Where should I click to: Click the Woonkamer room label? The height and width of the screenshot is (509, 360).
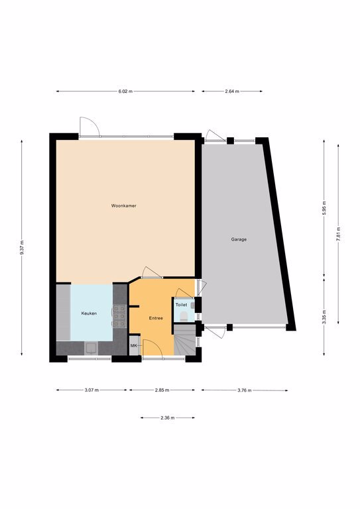click(124, 206)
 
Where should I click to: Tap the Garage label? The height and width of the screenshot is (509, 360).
click(239, 239)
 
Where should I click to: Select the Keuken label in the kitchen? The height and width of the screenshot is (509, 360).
click(89, 313)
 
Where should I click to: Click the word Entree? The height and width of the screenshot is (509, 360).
click(156, 318)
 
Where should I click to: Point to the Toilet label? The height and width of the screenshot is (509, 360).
click(181, 305)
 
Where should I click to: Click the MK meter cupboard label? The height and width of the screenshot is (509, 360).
click(133, 346)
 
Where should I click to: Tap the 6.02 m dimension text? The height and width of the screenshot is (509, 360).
click(125, 91)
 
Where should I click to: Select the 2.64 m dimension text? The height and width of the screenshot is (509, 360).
click(232, 91)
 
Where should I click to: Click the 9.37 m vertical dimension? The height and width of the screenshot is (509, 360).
click(22, 248)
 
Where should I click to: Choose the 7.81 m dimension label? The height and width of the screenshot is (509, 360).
click(338, 234)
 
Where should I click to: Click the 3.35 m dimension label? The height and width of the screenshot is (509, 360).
click(324, 317)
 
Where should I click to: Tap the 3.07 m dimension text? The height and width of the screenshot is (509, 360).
click(91, 390)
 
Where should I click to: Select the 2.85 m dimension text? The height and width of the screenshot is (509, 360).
click(162, 390)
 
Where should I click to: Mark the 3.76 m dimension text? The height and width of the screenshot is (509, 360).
click(245, 390)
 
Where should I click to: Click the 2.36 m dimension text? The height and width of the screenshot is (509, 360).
click(168, 418)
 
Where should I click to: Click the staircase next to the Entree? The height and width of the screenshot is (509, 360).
click(185, 340)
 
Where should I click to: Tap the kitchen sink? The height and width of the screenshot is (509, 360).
click(91, 349)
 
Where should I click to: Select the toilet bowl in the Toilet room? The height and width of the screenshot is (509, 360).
click(184, 316)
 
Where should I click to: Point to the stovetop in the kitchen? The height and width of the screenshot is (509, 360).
click(119, 316)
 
